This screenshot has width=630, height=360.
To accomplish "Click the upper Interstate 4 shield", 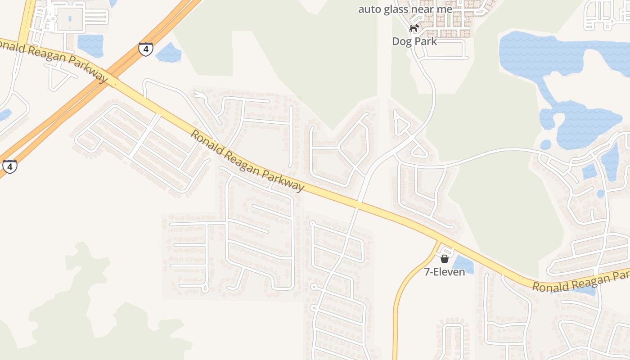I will tap(145, 49).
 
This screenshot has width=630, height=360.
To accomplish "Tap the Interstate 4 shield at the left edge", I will tap(9, 166).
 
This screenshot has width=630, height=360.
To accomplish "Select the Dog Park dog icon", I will tap(414, 28).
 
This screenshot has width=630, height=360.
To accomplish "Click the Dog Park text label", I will tap(414, 41).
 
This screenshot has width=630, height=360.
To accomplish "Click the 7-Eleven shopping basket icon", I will tap(445, 259).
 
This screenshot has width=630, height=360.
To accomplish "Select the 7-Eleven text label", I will tap(445, 272).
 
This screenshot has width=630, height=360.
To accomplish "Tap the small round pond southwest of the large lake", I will tap(545, 144).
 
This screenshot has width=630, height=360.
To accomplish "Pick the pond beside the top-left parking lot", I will tap(90, 45).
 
